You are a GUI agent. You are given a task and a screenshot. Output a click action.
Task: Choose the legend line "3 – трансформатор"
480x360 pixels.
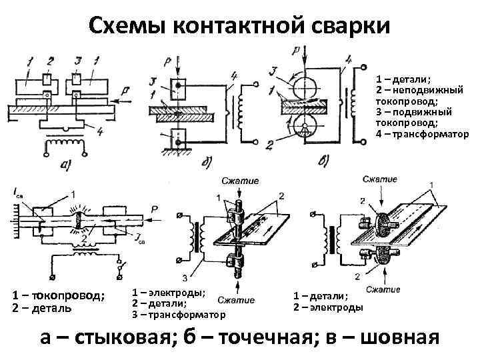click(179, 314)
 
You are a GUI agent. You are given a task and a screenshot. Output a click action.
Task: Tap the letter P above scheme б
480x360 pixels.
click(169, 59)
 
